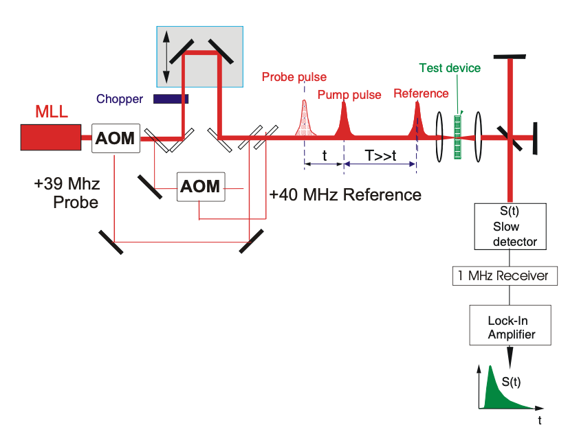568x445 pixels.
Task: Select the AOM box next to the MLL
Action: tap(116, 137)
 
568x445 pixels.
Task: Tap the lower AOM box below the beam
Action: tap(201, 186)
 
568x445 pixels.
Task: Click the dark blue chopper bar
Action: tap(170, 99)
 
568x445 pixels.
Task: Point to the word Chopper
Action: tap(120, 100)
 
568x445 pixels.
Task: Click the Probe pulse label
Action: tap(294, 77)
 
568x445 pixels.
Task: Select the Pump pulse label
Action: tap(349, 95)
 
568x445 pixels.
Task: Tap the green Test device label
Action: tap(450, 68)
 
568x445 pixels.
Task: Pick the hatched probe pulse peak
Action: tap(304, 120)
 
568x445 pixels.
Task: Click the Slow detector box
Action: tap(509, 226)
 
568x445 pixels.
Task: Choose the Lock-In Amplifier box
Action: tap(509, 326)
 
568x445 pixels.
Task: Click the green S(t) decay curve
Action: tap(496, 391)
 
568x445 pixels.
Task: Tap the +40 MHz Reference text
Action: tap(345, 195)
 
